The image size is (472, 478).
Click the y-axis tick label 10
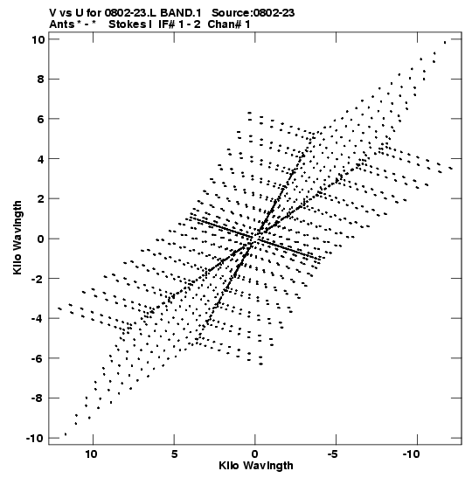click(x=38, y=39)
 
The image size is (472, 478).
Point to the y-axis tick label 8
click(x=40, y=80)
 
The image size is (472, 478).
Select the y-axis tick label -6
click(x=38, y=358)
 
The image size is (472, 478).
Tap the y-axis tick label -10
click(x=35, y=439)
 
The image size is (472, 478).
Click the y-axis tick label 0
click(x=40, y=239)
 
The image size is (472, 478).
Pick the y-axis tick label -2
click(x=38, y=279)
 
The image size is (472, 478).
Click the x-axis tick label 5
click(x=174, y=454)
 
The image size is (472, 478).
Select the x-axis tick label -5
click(x=334, y=454)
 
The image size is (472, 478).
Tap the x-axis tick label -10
click(x=412, y=454)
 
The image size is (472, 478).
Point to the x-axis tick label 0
click(x=255, y=454)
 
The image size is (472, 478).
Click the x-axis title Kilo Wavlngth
click(x=256, y=466)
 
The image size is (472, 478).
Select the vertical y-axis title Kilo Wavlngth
click(x=17, y=238)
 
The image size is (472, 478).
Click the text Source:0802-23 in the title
click(x=253, y=13)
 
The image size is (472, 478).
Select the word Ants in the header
click(x=62, y=24)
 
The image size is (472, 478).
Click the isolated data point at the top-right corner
click(x=445, y=42)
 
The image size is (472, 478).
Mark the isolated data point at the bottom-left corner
click(x=66, y=434)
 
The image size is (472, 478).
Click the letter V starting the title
click(x=52, y=13)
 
